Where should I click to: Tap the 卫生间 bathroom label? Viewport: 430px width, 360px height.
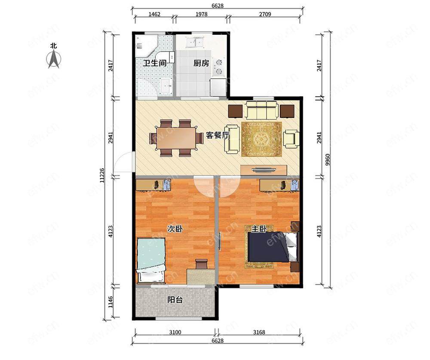click(155, 63)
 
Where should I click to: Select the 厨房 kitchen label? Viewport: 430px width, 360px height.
click(201, 63)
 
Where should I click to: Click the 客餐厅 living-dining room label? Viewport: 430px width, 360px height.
click(218, 135)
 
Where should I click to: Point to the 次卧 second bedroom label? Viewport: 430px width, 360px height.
click(175, 229)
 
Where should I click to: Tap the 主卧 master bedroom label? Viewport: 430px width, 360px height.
click(259, 229)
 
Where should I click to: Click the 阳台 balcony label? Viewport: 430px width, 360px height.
click(175, 300)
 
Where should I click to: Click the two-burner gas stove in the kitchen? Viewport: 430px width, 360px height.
click(219, 67)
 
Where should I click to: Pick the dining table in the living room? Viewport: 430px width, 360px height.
click(176, 138)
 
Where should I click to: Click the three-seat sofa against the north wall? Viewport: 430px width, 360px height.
click(261, 110)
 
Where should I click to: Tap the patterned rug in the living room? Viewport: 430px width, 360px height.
click(262, 139)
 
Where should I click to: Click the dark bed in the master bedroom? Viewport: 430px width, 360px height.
click(273, 247)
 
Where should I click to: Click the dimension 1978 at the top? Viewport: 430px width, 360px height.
click(201, 14)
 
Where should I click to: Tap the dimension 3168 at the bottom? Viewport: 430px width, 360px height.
click(259, 332)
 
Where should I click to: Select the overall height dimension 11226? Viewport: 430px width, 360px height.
click(102, 175)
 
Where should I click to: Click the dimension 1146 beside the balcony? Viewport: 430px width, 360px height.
click(110, 302)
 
